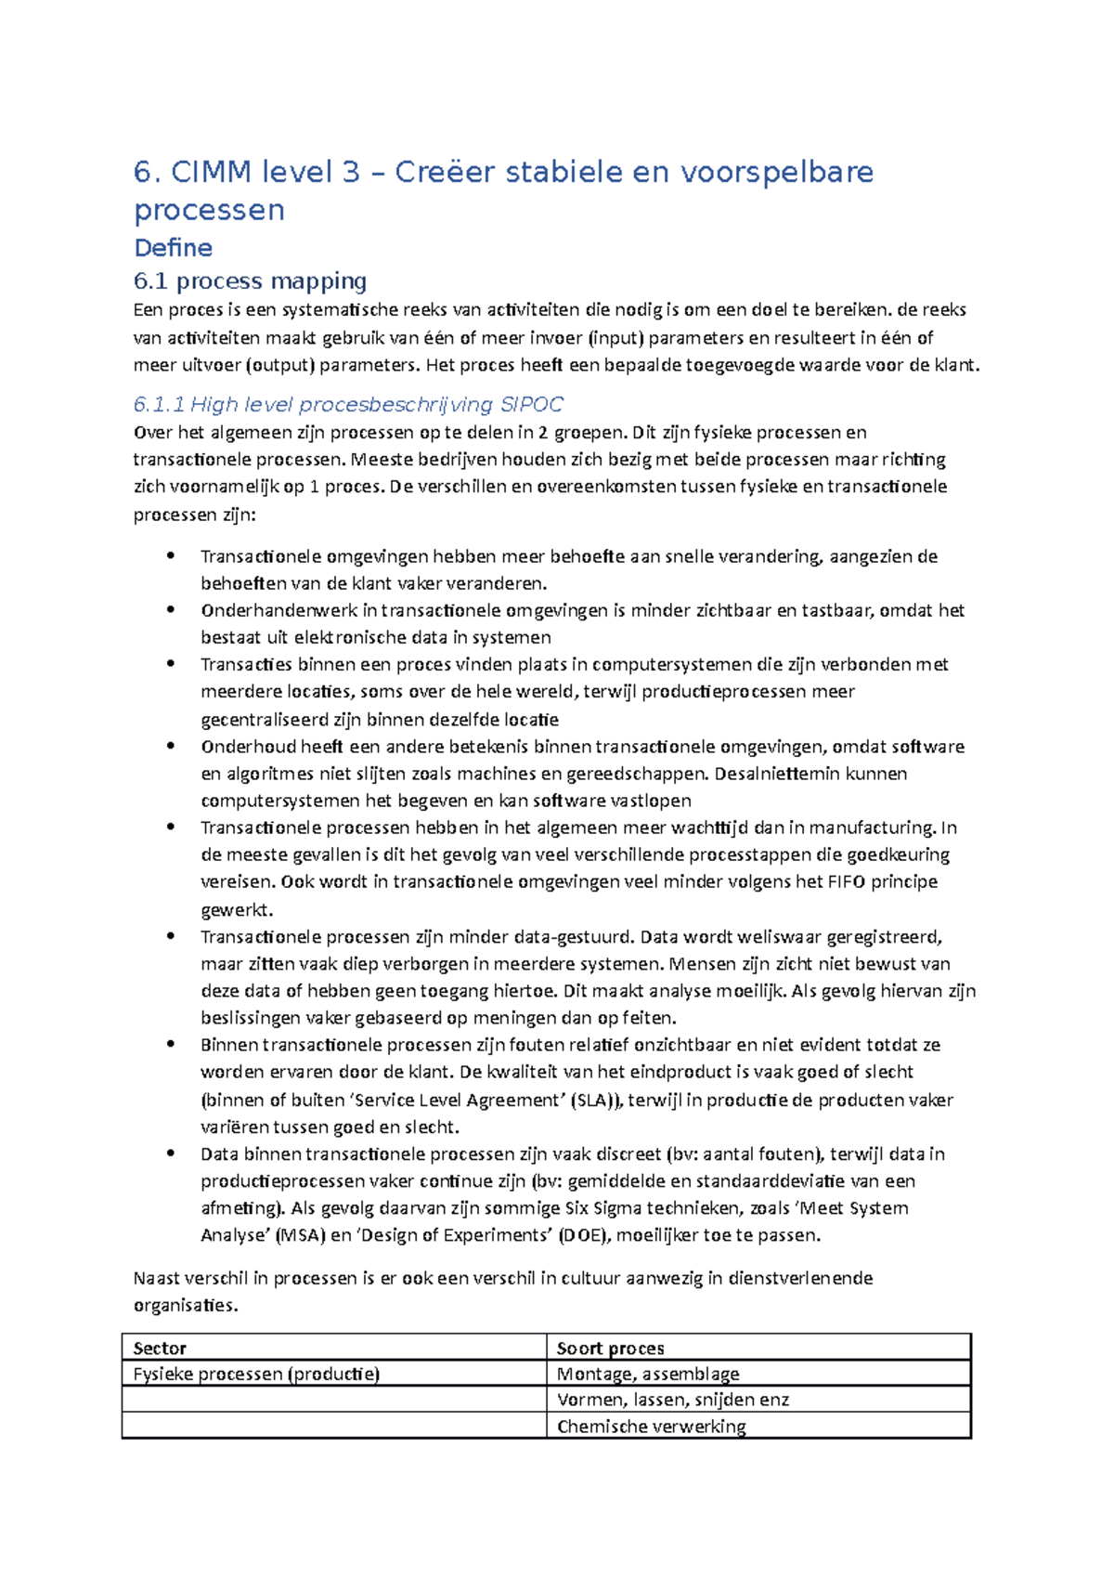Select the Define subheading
click(173, 248)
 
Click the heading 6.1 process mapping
click(250, 280)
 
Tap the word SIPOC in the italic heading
click(531, 404)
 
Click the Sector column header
click(160, 1348)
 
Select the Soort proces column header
click(610, 1348)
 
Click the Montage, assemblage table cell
click(648, 1374)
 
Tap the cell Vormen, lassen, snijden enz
click(672, 1400)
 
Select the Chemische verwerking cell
click(651, 1427)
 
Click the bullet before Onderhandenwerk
click(170, 610)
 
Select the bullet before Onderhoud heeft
click(170, 746)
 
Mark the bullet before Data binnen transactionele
click(170, 1153)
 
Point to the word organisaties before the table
click(185, 1305)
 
